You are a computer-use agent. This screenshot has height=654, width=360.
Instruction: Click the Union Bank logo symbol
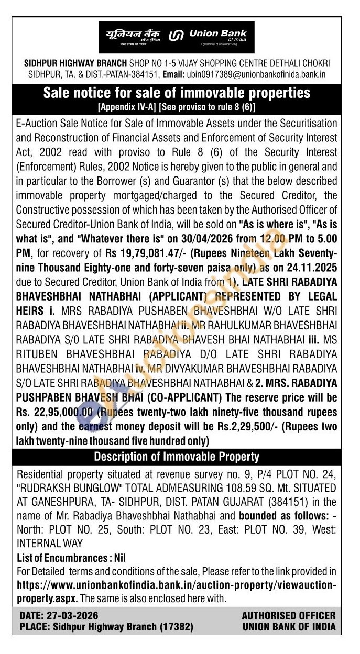click(x=176, y=36)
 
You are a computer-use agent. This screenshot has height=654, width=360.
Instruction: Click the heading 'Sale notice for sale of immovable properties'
click(x=177, y=93)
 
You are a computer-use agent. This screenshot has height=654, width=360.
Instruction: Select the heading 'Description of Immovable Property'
click(x=177, y=457)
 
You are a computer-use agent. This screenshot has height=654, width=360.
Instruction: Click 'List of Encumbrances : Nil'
click(x=72, y=558)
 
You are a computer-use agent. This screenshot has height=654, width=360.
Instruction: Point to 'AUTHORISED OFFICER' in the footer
click(x=289, y=616)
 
